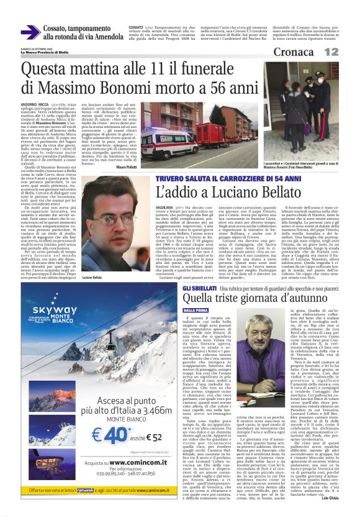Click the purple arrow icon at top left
[30, 32]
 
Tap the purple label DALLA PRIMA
[196, 309]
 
